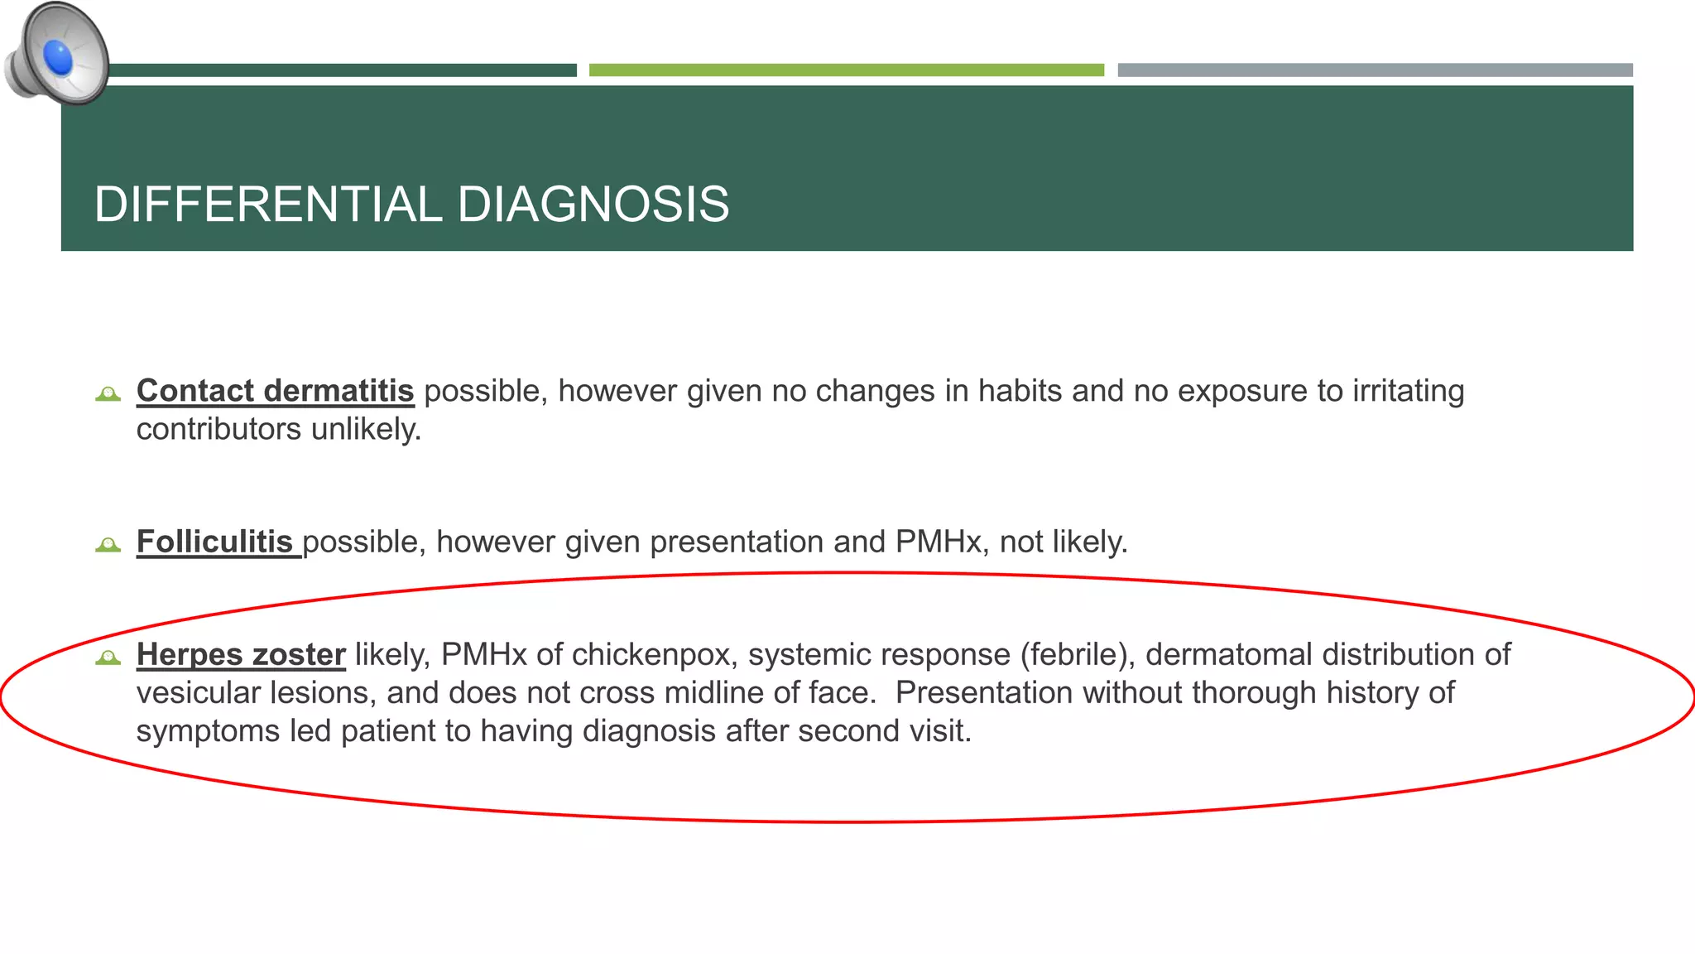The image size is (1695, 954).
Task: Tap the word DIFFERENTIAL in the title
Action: click(x=268, y=205)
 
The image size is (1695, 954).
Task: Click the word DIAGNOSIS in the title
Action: click(x=593, y=205)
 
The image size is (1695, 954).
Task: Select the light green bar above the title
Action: click(x=846, y=70)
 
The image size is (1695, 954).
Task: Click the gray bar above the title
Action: click(x=1374, y=70)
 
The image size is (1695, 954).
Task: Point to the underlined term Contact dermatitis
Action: click(x=275, y=391)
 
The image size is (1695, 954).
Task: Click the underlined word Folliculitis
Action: click(x=214, y=542)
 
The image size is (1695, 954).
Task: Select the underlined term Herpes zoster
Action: click(x=241, y=654)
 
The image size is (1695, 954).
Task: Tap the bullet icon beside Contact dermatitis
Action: click(x=108, y=393)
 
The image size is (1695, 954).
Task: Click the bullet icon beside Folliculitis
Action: click(x=108, y=544)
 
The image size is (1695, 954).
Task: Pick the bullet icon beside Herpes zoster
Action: click(x=108, y=657)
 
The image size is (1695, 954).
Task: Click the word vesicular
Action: click(x=198, y=692)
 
